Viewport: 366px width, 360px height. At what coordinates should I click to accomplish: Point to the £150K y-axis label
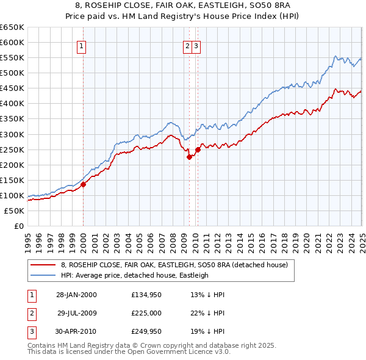point(12,180)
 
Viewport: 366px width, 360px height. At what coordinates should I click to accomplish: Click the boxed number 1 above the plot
point(82,45)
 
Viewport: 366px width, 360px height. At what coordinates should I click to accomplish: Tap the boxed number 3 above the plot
point(196,45)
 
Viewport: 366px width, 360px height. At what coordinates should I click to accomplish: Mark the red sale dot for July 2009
point(189,157)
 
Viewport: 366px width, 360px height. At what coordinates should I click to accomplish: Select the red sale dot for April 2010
point(198,149)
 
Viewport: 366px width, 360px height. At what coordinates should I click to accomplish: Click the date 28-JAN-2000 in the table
point(76,295)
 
